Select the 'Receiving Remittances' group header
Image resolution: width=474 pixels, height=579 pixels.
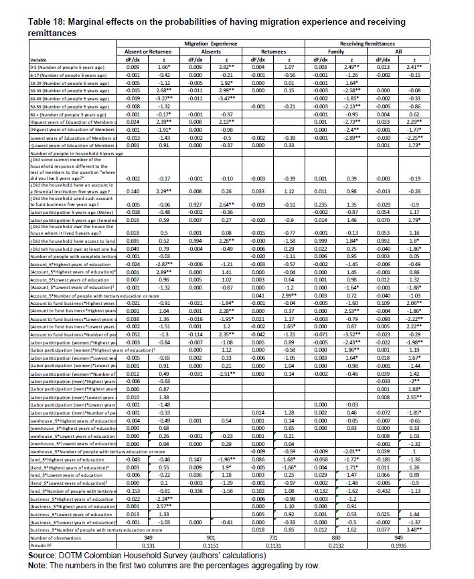(386, 43)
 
